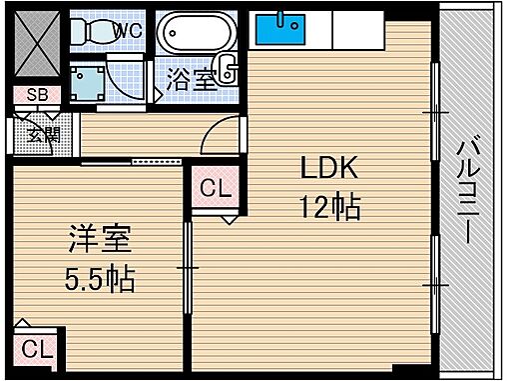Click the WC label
tap(128, 30)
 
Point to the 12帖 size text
tap(326, 209)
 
